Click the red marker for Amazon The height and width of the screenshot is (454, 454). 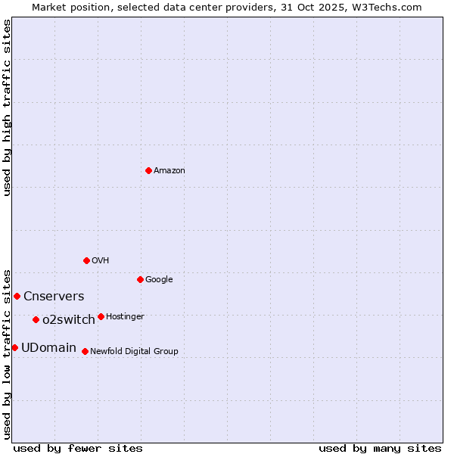point(148,170)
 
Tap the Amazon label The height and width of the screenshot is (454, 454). point(169,171)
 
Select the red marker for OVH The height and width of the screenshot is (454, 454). point(86,260)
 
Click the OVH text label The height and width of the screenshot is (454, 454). point(101,261)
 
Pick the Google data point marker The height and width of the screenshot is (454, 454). point(140,279)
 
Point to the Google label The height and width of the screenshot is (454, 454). point(159,280)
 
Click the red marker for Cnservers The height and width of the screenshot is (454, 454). point(17,296)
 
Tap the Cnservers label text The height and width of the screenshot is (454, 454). point(54,297)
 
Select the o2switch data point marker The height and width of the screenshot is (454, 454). point(36,319)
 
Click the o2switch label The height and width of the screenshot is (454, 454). point(69,320)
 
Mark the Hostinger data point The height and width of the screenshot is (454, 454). point(101,316)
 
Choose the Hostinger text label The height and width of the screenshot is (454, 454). point(125,317)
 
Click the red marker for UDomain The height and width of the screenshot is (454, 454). point(14,347)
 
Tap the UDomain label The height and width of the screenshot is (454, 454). point(48,348)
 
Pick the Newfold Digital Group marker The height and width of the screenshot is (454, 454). point(85,351)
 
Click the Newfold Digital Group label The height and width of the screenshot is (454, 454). point(134,352)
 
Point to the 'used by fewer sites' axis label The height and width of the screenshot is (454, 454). point(78,448)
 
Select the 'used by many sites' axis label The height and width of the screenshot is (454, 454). point(380,448)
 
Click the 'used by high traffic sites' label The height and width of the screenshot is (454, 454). point(8,107)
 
